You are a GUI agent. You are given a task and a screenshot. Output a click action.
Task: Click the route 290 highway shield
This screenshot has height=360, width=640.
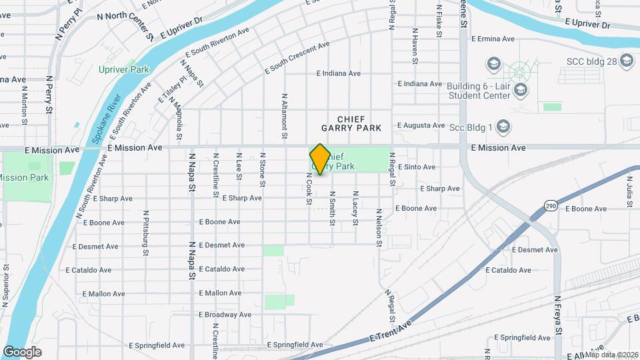(550, 205)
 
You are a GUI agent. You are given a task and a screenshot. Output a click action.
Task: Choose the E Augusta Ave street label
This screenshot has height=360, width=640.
(421, 125)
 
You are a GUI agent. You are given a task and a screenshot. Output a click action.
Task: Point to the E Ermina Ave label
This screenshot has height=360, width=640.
(493, 39)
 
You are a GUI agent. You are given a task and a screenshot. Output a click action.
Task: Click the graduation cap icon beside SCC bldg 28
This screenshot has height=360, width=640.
(626, 61)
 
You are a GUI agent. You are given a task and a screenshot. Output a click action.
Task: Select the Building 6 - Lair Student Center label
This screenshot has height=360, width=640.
(477, 91)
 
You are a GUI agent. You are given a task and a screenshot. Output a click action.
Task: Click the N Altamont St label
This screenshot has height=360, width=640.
(285, 116)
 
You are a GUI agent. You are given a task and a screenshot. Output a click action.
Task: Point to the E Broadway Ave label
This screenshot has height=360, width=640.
(225, 315)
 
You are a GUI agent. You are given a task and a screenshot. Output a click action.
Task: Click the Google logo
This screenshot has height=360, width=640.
(22, 351)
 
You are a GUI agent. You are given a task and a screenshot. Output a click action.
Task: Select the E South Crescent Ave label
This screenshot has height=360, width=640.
(297, 58)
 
